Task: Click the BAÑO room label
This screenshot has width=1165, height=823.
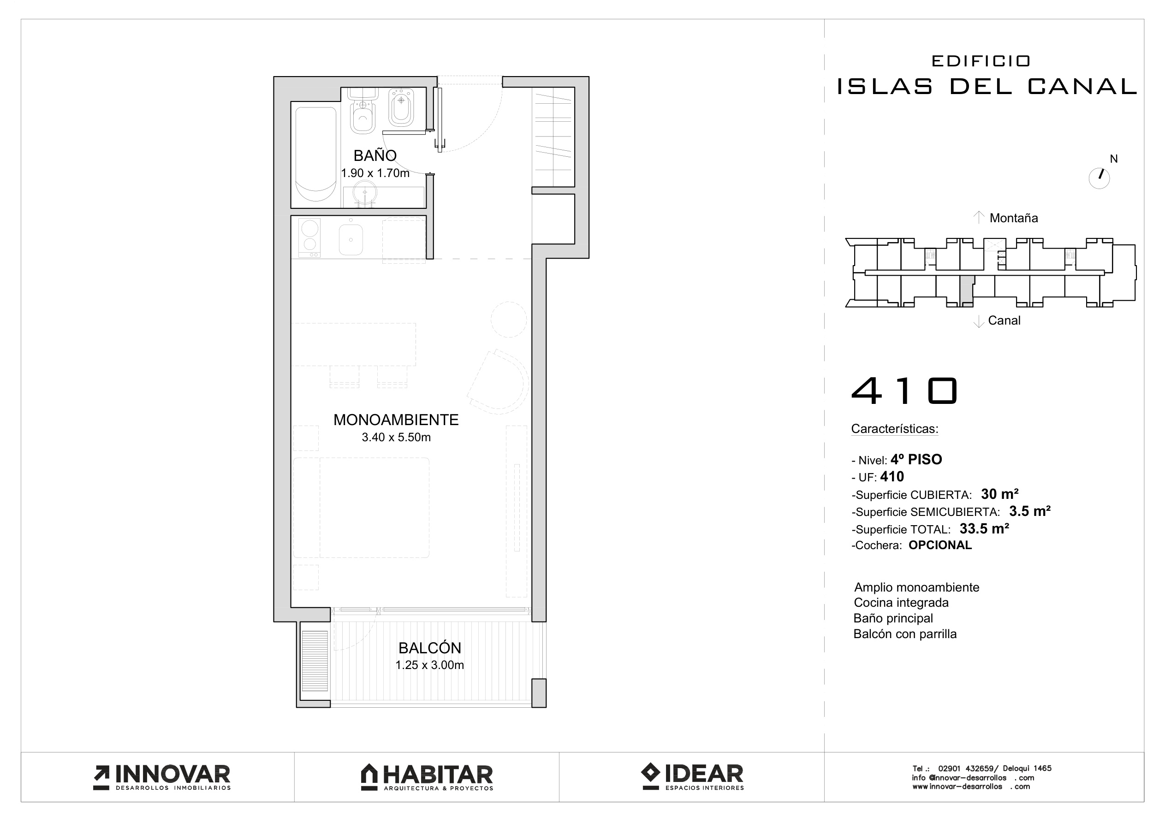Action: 375,155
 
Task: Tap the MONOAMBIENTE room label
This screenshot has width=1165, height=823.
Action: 396,420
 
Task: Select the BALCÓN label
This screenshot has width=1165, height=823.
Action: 430,648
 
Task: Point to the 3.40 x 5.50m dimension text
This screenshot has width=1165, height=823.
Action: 396,438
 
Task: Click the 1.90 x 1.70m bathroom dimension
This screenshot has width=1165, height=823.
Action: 375,173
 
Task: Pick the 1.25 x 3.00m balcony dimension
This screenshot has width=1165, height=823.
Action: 430,665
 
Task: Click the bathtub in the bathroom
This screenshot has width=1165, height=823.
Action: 316,154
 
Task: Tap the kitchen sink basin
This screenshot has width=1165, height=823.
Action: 351,239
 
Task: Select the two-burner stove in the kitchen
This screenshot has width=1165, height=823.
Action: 309,237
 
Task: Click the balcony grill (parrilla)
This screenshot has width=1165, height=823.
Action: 315,661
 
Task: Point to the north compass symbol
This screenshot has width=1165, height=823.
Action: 1099,178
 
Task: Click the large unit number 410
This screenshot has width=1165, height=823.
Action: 904,391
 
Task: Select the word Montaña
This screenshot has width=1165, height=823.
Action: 1014,218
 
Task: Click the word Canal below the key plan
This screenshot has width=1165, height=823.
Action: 1004,321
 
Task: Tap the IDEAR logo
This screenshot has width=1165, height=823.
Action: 692,777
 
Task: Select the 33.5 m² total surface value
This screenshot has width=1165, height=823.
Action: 984,529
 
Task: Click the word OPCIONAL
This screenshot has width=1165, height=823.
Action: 940,545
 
